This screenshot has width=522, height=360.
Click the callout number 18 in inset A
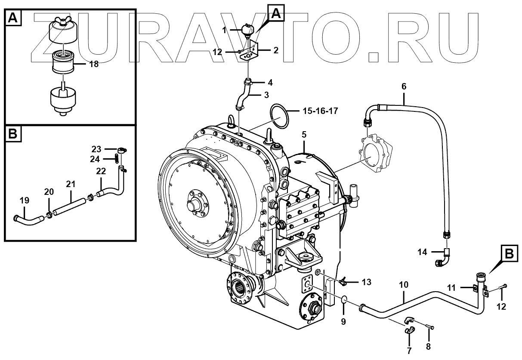[94, 64]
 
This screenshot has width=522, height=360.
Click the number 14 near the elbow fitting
[423, 252]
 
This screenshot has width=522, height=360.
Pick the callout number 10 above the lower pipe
[403, 284]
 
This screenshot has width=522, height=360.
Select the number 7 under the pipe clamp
[409, 351]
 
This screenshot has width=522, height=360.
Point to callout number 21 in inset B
[71, 184]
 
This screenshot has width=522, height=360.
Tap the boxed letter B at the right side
[509, 254]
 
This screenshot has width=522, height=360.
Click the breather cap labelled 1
[248, 31]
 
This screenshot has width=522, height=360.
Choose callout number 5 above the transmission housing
[304, 134]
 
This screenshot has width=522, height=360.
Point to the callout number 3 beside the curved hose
[266, 95]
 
